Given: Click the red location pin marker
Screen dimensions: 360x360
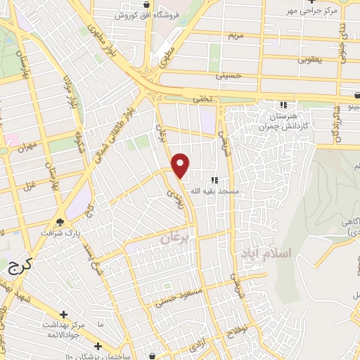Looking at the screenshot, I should [x=181, y=165].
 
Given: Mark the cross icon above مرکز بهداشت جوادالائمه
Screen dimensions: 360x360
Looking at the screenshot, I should [x=64, y=314].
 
